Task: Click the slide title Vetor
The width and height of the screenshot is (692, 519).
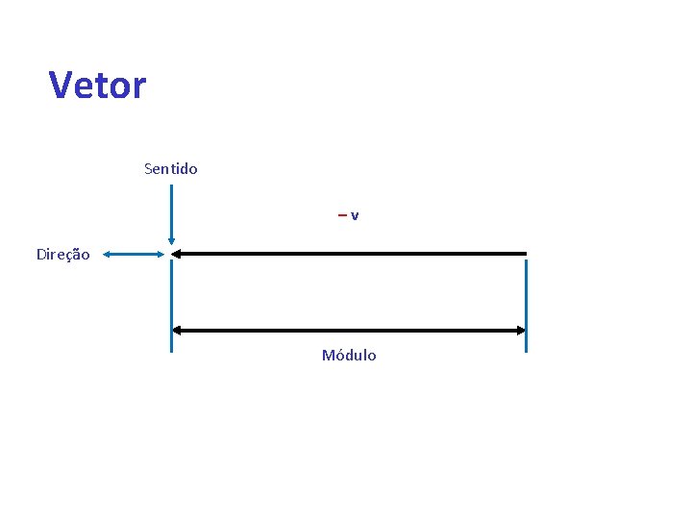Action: pos(97,86)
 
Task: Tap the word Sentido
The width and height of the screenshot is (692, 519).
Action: pos(170,169)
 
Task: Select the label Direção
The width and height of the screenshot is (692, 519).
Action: pos(62,255)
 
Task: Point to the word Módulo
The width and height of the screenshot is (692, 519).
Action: pos(349,356)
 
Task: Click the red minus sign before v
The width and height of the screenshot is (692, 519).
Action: pos(342,215)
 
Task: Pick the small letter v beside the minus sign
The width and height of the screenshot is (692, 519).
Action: pos(355,215)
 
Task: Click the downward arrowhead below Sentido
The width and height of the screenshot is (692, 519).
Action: pos(171,243)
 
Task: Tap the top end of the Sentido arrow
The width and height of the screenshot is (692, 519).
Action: pos(171,186)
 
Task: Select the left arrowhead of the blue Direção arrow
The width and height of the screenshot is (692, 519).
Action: pos(107,255)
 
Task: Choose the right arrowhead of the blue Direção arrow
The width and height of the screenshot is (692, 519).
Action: pos(162,255)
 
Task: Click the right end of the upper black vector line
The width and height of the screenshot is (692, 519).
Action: pos(526,254)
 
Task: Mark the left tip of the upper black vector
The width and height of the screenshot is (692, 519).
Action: pos(176,254)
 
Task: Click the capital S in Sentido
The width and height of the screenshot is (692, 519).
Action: pos(148,169)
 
